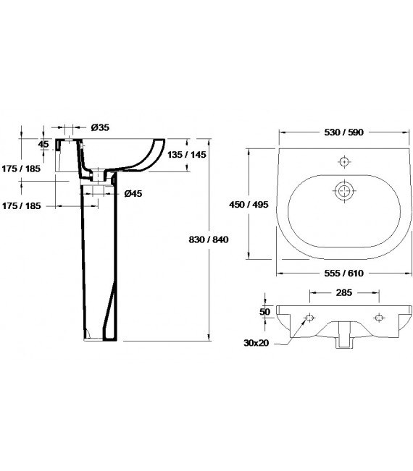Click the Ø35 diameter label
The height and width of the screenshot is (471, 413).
click(101, 127)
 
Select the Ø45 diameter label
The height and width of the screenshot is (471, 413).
click(133, 193)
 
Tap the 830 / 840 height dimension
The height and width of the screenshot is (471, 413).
click(210, 239)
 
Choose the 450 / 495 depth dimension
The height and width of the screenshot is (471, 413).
click(250, 205)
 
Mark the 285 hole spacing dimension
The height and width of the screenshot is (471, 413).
click(343, 294)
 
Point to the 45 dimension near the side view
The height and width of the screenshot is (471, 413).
click(43, 144)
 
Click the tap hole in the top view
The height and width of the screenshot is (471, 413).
click(345, 161)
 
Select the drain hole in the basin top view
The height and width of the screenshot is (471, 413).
click(343, 191)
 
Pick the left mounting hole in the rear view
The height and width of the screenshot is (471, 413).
click(309, 318)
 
